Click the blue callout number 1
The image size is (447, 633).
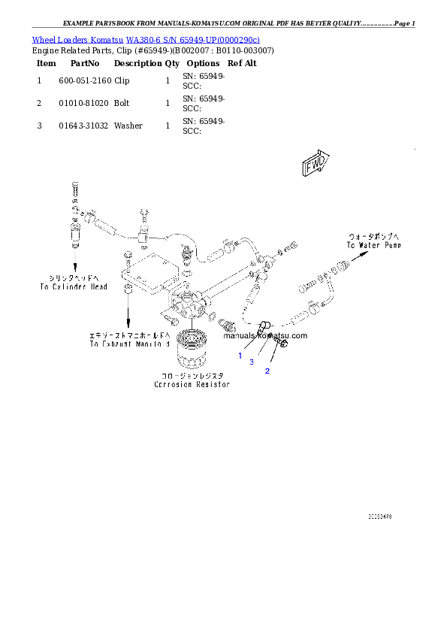[240, 355]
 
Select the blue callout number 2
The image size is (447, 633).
[266, 371]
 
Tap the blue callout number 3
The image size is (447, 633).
[252, 362]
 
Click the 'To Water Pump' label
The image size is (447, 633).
[373, 245]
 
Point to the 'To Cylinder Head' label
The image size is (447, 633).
[74, 286]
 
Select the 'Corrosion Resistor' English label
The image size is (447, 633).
[192, 384]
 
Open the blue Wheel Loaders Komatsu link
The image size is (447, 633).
[146, 39]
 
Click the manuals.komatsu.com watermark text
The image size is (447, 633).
[265, 335]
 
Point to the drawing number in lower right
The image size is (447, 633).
[379, 517]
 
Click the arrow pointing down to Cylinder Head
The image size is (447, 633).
[75, 259]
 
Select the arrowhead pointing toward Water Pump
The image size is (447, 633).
[363, 255]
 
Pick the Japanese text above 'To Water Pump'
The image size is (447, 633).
[374, 235]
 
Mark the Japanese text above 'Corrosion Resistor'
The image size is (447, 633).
[192, 375]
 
